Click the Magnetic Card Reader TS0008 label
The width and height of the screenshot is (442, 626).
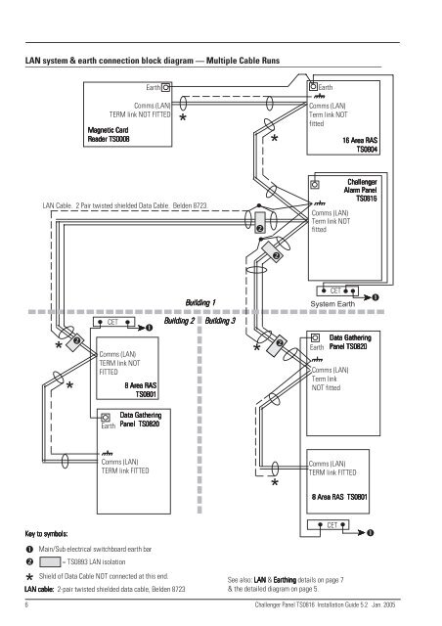(115, 136)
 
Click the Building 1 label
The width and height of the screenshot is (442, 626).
(201, 304)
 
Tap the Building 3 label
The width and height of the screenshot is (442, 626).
(226, 321)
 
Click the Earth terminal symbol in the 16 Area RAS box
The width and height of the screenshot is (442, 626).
(312, 87)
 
